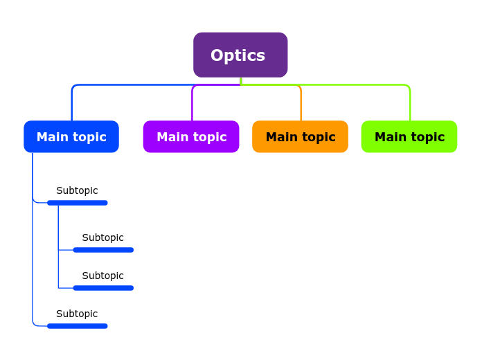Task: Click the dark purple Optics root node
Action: [240, 55]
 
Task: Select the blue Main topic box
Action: [71, 136]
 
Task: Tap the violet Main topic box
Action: [191, 136]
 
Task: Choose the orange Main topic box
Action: [300, 136]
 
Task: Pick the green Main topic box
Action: [409, 136]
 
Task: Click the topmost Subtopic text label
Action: [77, 190]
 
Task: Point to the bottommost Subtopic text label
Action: [77, 314]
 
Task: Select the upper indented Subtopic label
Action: [103, 237]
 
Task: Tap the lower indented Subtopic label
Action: [103, 276]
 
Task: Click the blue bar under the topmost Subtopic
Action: [78, 203]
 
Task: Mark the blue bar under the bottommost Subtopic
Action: [78, 326]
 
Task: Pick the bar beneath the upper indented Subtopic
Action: [103, 250]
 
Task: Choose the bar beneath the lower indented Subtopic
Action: [103, 288]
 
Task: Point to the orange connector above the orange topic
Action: [301, 104]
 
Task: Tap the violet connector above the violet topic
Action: [192, 104]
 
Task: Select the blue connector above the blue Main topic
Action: [72, 104]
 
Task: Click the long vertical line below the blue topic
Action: [33, 263]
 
